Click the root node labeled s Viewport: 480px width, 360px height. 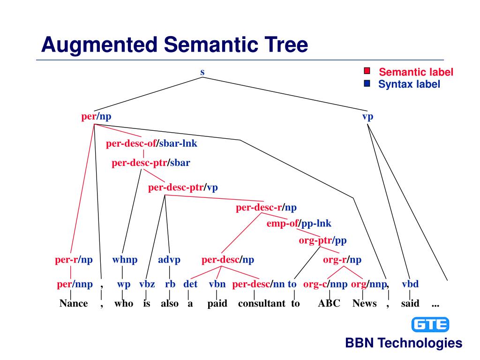coord(202,72)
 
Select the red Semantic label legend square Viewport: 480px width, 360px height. coord(367,71)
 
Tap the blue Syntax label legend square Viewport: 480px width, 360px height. coord(367,84)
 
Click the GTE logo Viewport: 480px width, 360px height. coord(430,324)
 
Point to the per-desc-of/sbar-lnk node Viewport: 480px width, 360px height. coord(151,143)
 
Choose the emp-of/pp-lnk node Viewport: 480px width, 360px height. coord(299,224)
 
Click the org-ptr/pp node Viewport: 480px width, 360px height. coord(322,241)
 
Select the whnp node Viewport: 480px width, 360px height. coord(125,260)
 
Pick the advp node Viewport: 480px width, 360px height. coord(169,260)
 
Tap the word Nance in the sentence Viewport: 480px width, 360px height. coord(74,303)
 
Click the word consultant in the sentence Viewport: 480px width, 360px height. coord(262,303)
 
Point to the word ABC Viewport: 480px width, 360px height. coord(329,303)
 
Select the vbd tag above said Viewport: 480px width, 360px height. coord(410,284)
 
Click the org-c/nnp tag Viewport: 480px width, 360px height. coord(325,284)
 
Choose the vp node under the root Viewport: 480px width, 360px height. coord(367,117)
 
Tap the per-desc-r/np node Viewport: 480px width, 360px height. coord(266,207)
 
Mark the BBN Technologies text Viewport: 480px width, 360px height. coord(404,343)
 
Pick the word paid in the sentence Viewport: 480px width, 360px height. coord(217,303)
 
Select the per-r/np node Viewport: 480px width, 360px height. coord(74,260)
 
